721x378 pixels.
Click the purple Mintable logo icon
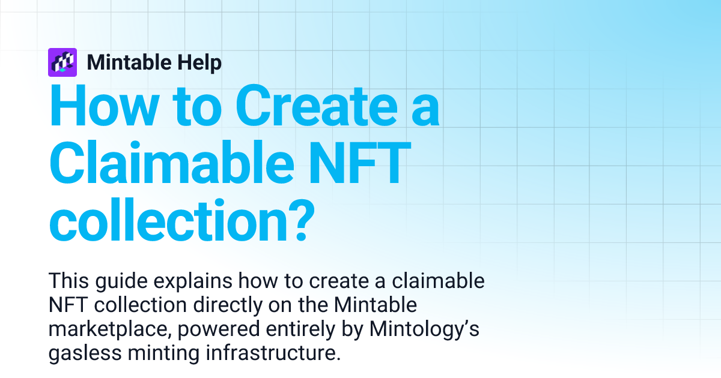pos(62,62)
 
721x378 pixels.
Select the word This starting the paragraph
pos(68,280)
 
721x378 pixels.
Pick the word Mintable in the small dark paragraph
pos(377,305)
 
